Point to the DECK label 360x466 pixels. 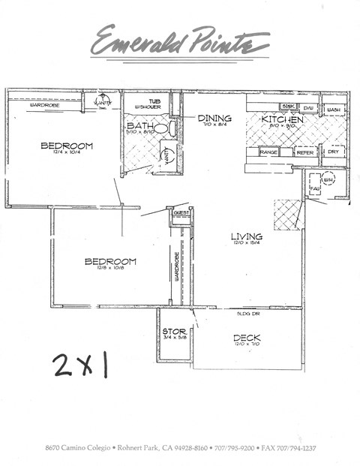point(247,338)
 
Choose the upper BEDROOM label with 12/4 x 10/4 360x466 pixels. point(67,146)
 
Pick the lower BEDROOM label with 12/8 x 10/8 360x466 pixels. point(110,261)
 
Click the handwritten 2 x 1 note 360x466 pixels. point(80,365)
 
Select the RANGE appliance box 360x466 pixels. point(269,152)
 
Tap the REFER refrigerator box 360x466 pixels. point(304,152)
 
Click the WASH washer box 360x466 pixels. point(334,110)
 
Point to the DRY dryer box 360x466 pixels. point(334,152)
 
